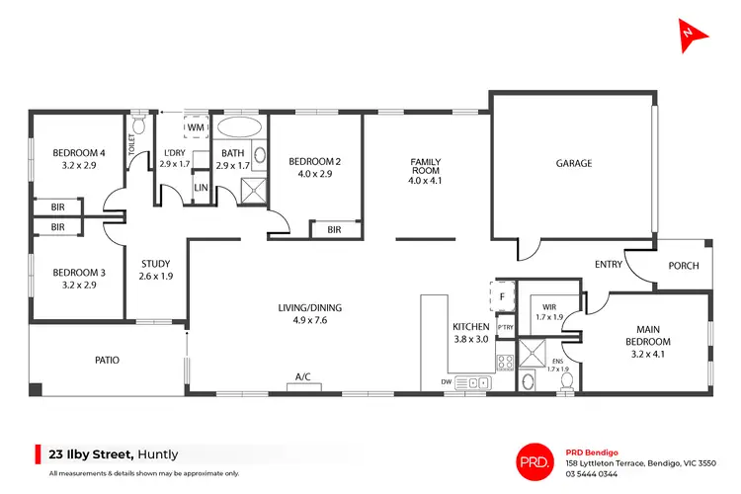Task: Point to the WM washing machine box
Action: click(196, 128)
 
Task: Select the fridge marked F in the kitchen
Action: click(502, 294)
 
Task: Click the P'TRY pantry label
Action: click(506, 327)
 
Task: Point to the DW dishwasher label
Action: click(448, 381)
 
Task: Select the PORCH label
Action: click(684, 265)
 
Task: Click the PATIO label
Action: click(107, 360)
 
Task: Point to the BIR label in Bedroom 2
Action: click(333, 229)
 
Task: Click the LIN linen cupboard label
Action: click(201, 187)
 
